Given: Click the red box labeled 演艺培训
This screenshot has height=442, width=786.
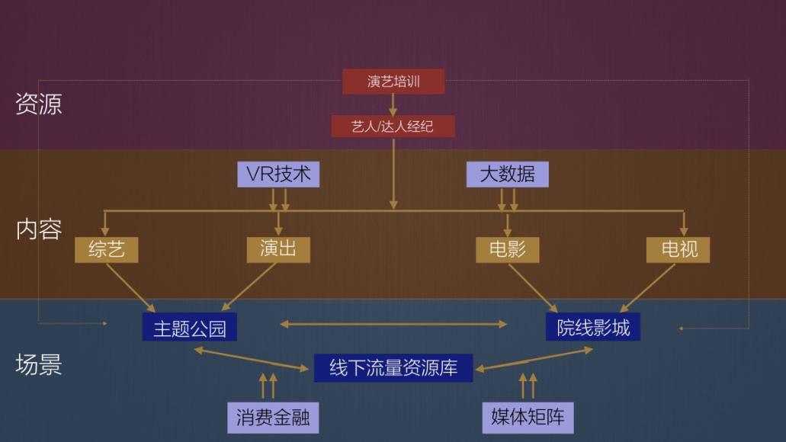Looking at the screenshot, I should click(x=393, y=82).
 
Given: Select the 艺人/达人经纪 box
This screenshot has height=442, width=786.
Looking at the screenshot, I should click(x=393, y=127).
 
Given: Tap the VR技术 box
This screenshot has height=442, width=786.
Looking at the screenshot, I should click(x=278, y=175).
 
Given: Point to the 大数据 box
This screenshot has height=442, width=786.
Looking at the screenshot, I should click(x=507, y=175).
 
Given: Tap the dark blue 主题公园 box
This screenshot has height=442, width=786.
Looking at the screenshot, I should click(x=189, y=328).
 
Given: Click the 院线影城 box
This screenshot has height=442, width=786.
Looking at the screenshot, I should click(x=592, y=328).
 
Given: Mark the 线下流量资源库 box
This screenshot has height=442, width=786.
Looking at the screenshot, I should click(x=393, y=367).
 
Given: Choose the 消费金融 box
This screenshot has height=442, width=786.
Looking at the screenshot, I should click(x=272, y=418).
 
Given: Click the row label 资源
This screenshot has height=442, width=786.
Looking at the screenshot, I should click(x=39, y=104).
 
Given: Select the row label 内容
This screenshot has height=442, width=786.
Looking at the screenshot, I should click(x=39, y=229).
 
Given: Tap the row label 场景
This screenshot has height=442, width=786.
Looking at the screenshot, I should click(x=39, y=365).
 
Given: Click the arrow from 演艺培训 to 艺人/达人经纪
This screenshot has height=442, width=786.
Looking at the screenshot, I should click(x=393, y=104).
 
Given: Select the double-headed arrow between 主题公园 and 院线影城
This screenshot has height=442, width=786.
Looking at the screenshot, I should click(x=393, y=324).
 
